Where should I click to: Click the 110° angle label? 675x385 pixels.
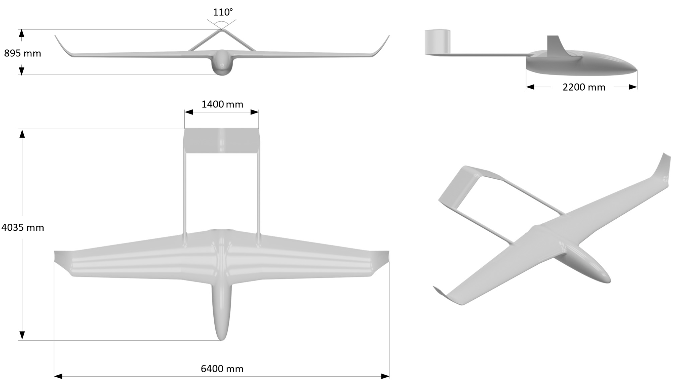point(223,12)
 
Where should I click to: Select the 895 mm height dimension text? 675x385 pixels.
point(23,53)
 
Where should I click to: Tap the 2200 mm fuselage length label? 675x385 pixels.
point(584,87)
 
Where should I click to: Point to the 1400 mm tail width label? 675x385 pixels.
point(222,105)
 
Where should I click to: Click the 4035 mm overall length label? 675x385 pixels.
point(23,227)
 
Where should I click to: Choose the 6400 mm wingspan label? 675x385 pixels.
point(222,369)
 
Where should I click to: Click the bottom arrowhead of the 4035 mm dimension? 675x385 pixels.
point(22,335)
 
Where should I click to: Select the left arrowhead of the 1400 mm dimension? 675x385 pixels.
point(189,112)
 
